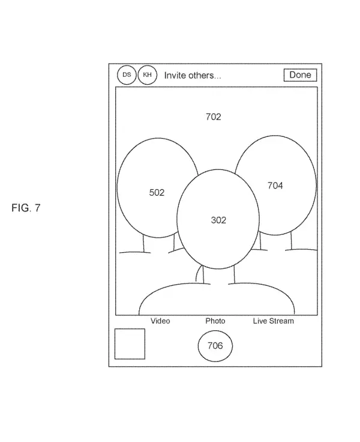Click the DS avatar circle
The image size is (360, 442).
(127, 76)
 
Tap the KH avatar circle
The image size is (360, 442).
(147, 76)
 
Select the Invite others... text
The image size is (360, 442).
(193, 76)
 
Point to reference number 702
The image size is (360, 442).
(213, 117)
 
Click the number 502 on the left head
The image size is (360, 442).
(157, 192)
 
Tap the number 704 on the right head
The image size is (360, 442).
(275, 186)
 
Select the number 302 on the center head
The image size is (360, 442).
(218, 220)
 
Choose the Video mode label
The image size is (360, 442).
(160, 321)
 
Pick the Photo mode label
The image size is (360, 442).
(215, 321)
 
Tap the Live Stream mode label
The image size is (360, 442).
(273, 321)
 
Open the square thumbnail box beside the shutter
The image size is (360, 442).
(130, 344)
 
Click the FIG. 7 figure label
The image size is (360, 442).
(26, 208)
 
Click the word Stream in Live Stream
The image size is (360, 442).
(281, 321)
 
